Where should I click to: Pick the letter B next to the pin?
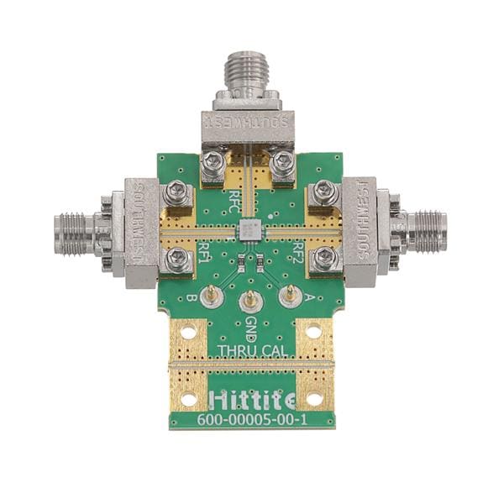click(x=192, y=297)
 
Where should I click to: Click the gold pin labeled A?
click(x=289, y=294)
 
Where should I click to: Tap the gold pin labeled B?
click(x=213, y=294)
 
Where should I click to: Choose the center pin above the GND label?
click(x=249, y=301)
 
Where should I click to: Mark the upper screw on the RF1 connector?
click(x=177, y=192)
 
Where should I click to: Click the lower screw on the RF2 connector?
click(x=323, y=260)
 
